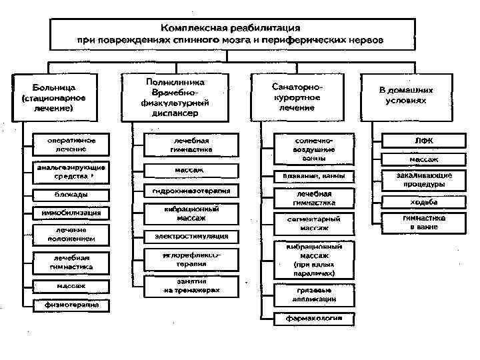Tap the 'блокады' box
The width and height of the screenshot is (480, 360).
pyautogui.click(x=71, y=194)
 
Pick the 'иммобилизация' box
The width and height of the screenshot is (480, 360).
pyautogui.click(x=71, y=213)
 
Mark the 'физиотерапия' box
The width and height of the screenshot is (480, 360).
pyautogui.click(x=71, y=305)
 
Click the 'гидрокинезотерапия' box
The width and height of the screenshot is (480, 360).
pyautogui.click(x=191, y=191)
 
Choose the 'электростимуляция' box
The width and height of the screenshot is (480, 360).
pyautogui.click(x=191, y=236)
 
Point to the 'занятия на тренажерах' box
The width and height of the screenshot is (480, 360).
pyautogui.click(x=191, y=286)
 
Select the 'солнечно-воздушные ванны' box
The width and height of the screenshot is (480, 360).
pyautogui.click(x=314, y=150)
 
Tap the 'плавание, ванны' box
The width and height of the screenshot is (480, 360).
pyautogui.click(x=314, y=176)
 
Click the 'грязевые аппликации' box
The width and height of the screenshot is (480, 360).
pyautogui.click(x=314, y=295)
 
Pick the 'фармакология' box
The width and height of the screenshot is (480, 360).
pyautogui.click(x=314, y=318)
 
